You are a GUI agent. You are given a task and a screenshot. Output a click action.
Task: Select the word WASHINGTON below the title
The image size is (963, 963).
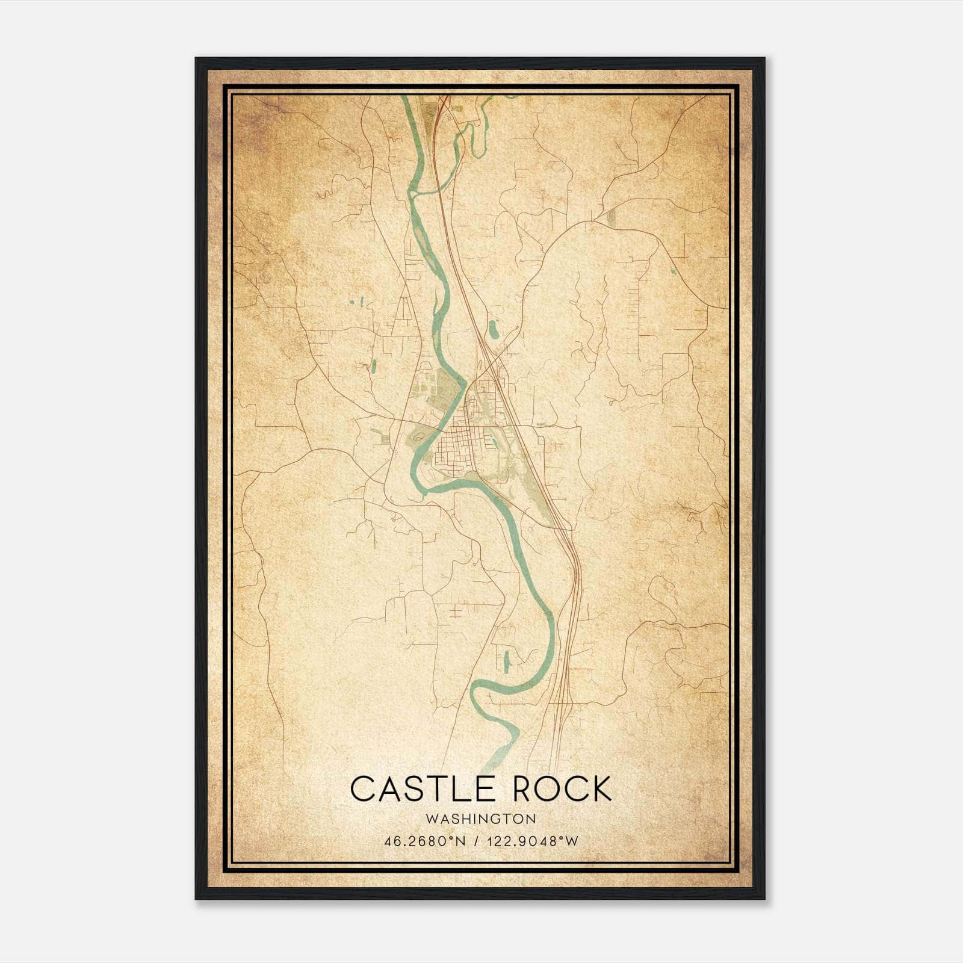coord(481,819)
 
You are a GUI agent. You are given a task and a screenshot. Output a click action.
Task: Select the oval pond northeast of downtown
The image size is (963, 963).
coord(493,329)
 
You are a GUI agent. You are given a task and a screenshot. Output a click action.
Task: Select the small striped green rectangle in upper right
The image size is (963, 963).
coord(612,218)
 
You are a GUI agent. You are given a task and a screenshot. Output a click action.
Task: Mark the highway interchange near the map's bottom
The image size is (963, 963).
coord(562,698)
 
